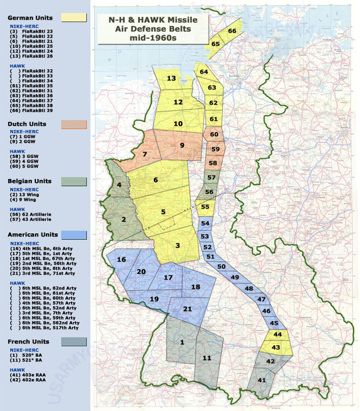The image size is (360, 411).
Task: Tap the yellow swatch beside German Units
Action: coord(74,17)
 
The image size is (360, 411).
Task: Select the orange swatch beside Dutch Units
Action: coord(74,124)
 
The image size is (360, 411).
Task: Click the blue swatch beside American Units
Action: coord(74,235)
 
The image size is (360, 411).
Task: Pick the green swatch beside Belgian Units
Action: coord(74,181)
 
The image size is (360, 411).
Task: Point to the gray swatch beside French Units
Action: coord(74,342)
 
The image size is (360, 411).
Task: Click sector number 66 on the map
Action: coord(232,31)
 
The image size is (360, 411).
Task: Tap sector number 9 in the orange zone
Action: coord(182,145)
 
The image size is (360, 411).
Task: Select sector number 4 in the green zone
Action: coord(119,184)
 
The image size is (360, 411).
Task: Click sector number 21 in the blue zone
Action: coord(188,308)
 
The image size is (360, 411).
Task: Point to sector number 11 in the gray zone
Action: coord(206,358)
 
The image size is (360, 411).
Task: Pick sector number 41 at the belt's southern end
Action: coord(262,380)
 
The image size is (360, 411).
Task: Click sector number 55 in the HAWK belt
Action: coord(205,207)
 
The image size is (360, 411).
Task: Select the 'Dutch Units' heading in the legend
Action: coord(27,124)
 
